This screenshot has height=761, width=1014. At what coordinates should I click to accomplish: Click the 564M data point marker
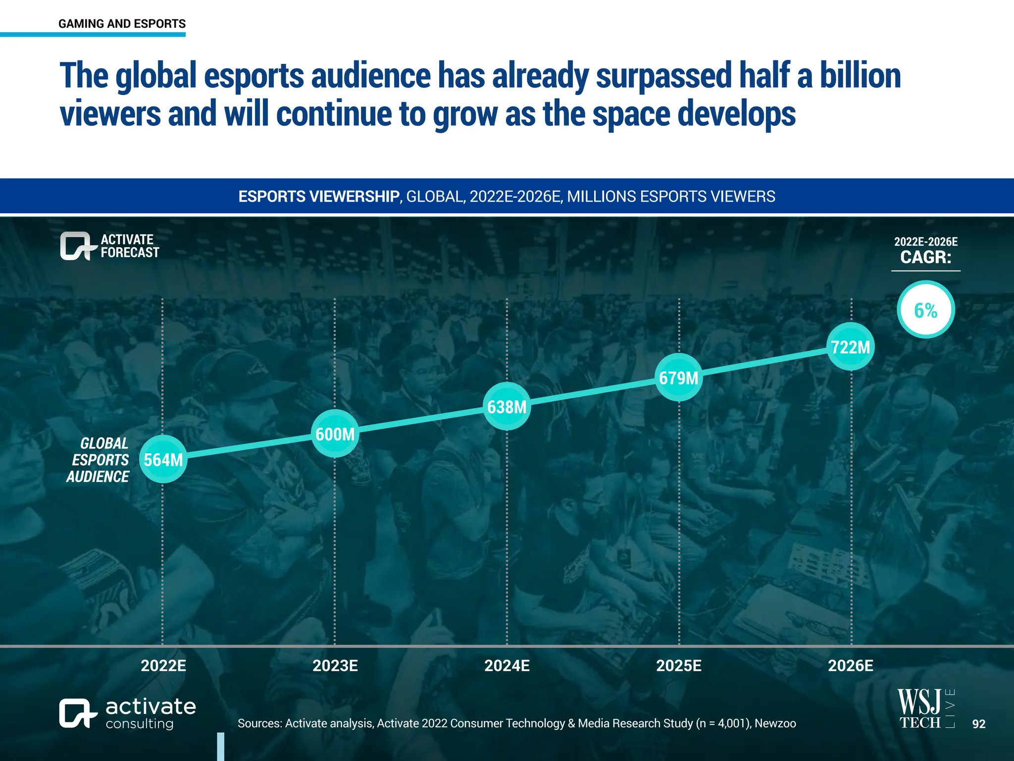[x=163, y=459]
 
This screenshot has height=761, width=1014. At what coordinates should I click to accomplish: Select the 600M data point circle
[x=335, y=434]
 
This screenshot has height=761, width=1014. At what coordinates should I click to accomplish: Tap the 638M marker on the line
[x=507, y=406]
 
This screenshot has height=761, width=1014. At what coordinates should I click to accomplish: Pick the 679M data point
[x=679, y=378]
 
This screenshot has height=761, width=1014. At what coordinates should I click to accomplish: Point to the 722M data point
[x=851, y=346]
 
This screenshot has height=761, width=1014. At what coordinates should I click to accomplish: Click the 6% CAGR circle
[x=925, y=310]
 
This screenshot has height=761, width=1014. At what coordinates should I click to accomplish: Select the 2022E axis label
[x=163, y=665]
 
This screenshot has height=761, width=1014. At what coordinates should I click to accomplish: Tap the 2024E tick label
[x=507, y=665]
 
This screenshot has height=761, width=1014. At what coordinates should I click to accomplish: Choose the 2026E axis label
[x=851, y=665]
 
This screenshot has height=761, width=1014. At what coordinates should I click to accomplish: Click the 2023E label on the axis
[x=335, y=665]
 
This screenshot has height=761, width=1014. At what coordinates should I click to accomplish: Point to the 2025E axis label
[x=679, y=665]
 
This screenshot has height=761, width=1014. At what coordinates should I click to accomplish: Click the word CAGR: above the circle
[x=925, y=257]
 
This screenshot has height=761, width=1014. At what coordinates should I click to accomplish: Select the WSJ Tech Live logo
[x=925, y=708]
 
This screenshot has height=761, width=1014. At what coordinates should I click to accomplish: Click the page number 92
[x=978, y=724]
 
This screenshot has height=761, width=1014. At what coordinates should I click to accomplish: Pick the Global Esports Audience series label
[x=99, y=460]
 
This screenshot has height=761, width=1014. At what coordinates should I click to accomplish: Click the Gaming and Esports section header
[x=122, y=24]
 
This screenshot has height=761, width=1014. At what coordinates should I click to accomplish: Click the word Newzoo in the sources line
[x=775, y=723]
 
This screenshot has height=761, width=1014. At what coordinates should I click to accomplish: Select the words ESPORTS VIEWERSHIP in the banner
[x=318, y=197]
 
